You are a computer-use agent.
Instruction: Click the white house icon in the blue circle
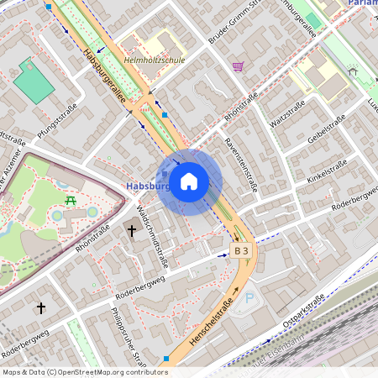(x=189, y=181)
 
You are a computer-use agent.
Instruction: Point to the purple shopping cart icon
(x=239, y=66)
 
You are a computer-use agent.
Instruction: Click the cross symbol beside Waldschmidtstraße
(x=131, y=229)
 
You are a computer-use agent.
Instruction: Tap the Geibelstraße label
(x=328, y=129)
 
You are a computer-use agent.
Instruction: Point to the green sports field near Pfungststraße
(x=34, y=81)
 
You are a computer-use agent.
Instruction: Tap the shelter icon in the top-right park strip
(x=352, y=71)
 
